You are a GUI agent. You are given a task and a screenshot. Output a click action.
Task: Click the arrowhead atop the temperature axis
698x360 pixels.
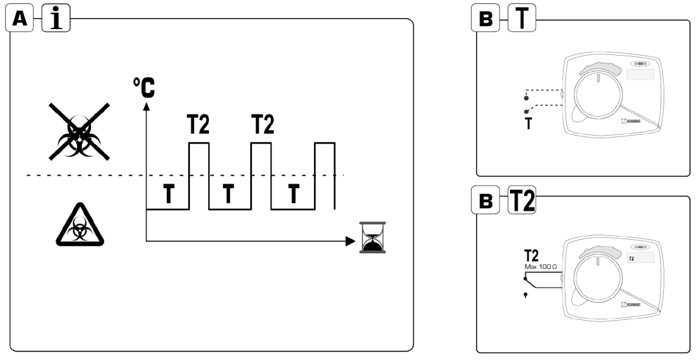point(147,105)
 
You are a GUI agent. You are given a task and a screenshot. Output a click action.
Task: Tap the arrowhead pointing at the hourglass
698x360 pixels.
point(350,241)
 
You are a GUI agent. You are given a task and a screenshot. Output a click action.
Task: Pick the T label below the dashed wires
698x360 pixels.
point(528,123)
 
